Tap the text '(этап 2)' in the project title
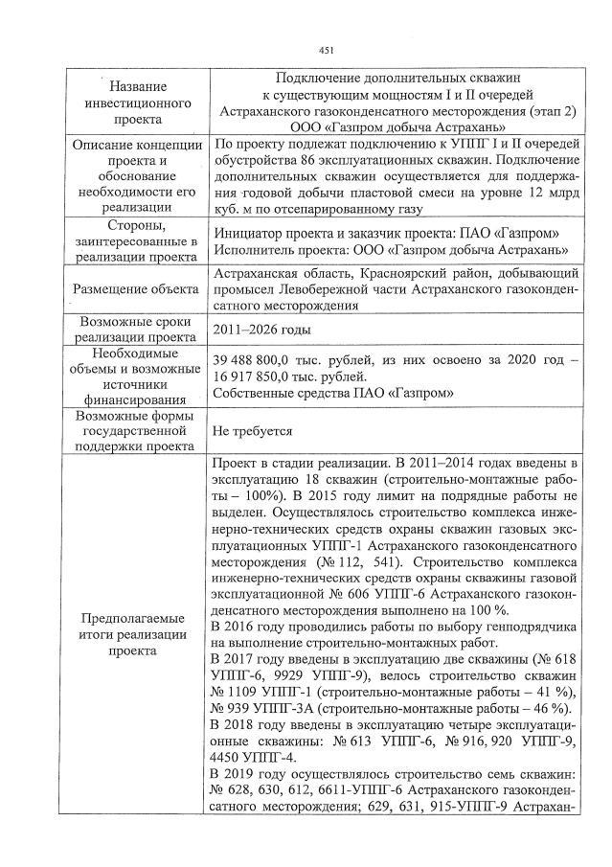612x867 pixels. [x=546, y=111]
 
